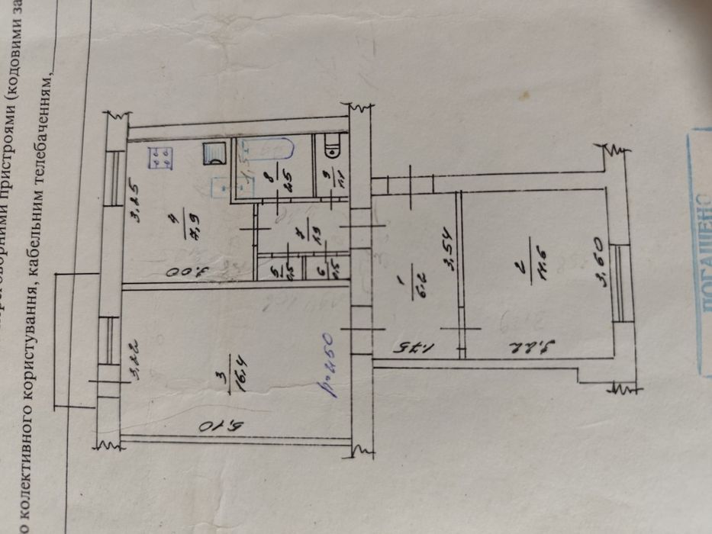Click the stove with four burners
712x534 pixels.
click(160, 156)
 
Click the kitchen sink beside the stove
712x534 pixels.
click(214, 154)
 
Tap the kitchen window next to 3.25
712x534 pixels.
click(114, 172)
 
